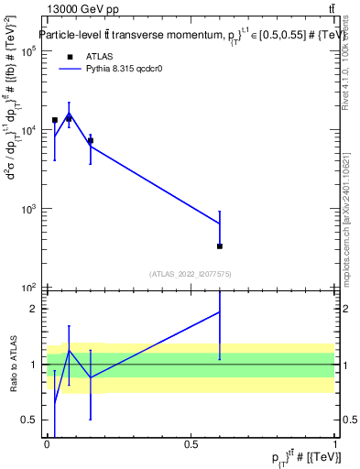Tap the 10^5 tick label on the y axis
point(27,51)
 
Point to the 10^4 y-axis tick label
point(27,130)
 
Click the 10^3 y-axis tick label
point(27,209)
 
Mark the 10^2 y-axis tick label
point(27,288)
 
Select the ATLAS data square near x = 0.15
point(90,140)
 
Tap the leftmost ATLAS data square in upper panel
point(55,120)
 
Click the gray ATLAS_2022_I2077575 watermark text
point(190,273)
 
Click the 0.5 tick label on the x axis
point(191,444)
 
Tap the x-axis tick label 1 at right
point(336,444)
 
